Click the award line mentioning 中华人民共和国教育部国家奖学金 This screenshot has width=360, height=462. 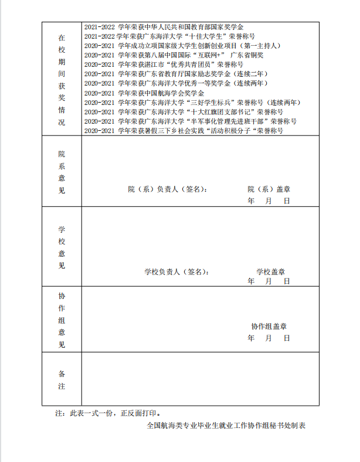tap(164, 27)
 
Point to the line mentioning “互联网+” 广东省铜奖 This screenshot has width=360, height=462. tap(174, 55)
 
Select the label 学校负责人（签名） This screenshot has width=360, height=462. tap(176, 272)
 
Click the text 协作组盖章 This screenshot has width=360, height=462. tap(269, 327)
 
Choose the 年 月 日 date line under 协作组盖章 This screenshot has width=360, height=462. tap(269, 338)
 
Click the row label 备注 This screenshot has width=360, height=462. tap(62, 380)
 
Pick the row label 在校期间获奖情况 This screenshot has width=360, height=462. tap(62, 79)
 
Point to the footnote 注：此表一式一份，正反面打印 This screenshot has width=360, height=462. tap(108, 413)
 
